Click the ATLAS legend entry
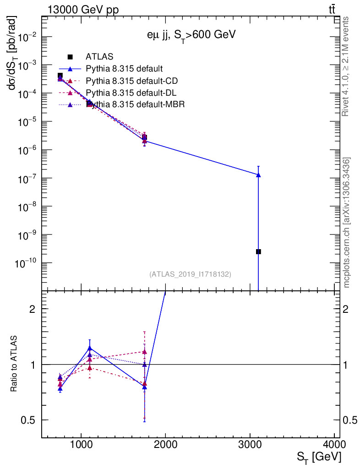coord(99,57)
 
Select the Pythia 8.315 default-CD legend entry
coord(131,81)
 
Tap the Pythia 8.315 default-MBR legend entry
coord(135,104)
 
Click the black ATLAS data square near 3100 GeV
coord(258,251)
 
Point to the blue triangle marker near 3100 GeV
coord(258,175)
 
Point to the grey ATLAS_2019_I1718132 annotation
coord(190,274)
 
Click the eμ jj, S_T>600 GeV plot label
coord(189,36)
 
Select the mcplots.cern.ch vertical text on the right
coord(347,223)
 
